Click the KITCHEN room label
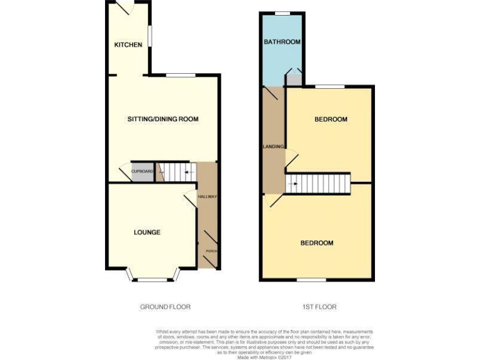[x=128, y=45]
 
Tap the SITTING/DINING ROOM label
[x=162, y=119]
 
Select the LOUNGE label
[x=147, y=232]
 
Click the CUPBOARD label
[x=142, y=171]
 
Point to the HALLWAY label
[x=207, y=197]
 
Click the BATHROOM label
[x=282, y=42]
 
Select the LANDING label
[x=273, y=147]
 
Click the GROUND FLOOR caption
[x=165, y=307]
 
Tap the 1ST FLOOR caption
[x=319, y=307]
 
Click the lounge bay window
[x=152, y=278]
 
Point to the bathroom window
[x=282, y=13]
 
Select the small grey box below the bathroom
[x=294, y=81]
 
